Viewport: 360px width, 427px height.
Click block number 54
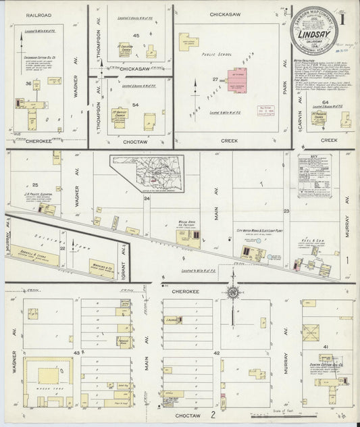tap(135, 105)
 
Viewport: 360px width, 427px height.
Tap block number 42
tap(216, 353)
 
